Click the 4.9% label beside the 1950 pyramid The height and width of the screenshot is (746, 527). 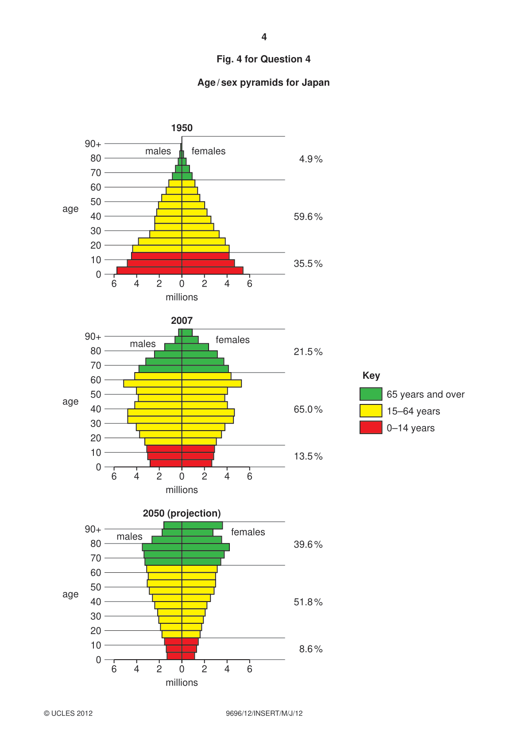pos(310,159)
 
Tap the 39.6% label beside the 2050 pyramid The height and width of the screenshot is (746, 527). pos(308,544)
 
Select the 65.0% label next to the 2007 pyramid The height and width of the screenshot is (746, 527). pos(308,409)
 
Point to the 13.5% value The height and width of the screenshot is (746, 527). pos(308,456)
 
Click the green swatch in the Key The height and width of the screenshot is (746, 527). pos(371,394)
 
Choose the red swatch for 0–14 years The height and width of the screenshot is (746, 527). pos(371,427)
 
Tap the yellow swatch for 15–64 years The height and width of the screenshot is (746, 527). pos(371,411)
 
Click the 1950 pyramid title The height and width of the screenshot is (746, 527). pos(182,128)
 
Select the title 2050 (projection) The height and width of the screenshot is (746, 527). pos(182,513)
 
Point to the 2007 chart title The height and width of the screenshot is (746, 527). pos(182,320)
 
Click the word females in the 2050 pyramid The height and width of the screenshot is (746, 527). pos(248,532)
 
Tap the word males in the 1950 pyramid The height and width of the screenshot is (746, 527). pos(158,151)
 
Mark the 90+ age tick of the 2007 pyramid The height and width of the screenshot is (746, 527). pos(93,336)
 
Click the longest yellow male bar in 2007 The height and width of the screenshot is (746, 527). pos(153,383)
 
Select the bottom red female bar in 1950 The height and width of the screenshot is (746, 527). pos(213,270)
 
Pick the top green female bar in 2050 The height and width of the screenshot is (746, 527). pos(202,525)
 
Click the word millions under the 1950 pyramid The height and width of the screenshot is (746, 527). pos(182,297)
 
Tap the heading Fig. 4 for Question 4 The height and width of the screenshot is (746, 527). pos(263,59)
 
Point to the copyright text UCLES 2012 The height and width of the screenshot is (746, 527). pos(68,713)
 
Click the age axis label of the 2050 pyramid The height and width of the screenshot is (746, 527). pos(70,594)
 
